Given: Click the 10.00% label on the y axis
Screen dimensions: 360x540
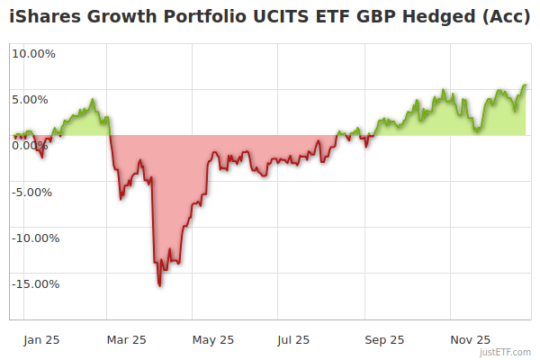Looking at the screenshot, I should [x=33, y=53].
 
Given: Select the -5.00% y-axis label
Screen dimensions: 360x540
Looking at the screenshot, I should [x=34, y=192].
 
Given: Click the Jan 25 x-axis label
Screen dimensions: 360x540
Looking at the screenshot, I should [x=42, y=340].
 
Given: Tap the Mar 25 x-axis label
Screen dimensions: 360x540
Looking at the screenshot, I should [x=126, y=340].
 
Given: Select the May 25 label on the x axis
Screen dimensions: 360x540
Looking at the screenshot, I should [x=213, y=340].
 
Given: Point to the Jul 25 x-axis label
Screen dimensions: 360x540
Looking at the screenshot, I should [x=293, y=340].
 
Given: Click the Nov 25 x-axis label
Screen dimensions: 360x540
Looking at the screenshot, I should [x=471, y=340].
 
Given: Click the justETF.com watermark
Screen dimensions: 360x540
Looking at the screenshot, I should [x=506, y=353].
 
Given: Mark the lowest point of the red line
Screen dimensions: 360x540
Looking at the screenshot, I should [x=159, y=286].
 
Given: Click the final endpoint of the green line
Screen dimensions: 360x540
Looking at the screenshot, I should [x=526, y=85].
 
